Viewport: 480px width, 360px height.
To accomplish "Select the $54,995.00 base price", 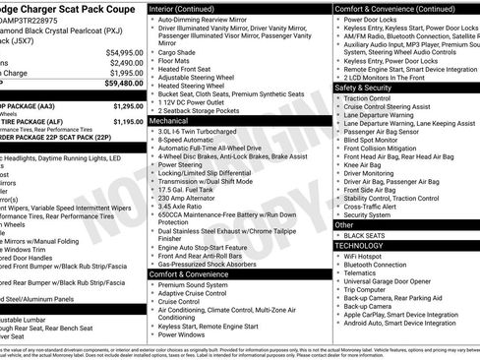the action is [124, 52].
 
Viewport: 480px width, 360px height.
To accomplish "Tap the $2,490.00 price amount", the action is [126, 62].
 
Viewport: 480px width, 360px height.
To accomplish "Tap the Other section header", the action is [345, 225].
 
